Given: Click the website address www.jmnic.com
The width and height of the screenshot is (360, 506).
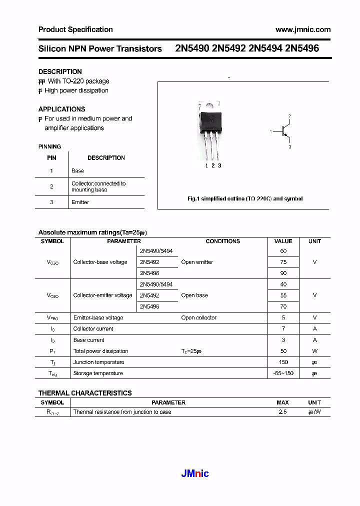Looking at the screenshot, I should click(x=303, y=29).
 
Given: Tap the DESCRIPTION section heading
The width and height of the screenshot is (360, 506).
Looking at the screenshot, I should click(x=60, y=71).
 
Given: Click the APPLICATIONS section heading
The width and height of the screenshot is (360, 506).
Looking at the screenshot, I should click(x=61, y=109).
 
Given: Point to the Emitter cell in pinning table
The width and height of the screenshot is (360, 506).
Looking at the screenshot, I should click(x=80, y=202).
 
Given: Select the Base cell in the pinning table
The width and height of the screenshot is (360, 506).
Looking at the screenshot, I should click(x=77, y=170).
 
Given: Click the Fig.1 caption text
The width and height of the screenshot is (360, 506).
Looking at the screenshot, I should click(x=244, y=198).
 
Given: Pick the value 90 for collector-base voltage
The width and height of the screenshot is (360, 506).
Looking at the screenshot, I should click(x=283, y=273).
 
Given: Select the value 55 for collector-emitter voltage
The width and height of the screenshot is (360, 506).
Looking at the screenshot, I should click(x=283, y=295).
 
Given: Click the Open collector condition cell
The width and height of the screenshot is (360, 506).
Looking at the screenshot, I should click(x=199, y=317).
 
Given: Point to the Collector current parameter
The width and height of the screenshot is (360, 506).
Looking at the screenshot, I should click(x=93, y=328).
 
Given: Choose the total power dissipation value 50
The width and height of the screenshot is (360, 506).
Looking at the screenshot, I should click(x=283, y=351).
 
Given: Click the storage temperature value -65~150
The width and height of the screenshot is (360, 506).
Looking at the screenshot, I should click(x=283, y=373).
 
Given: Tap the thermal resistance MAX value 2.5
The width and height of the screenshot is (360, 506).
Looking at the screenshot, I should click(x=282, y=412).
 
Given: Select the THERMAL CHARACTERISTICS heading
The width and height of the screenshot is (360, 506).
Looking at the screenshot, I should click(x=85, y=393).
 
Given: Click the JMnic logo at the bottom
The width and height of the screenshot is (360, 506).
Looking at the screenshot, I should click(x=194, y=473).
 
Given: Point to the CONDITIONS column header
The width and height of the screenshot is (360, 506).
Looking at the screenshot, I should click(x=222, y=241).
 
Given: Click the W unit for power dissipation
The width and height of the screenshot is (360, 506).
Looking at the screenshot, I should click(x=314, y=351).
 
